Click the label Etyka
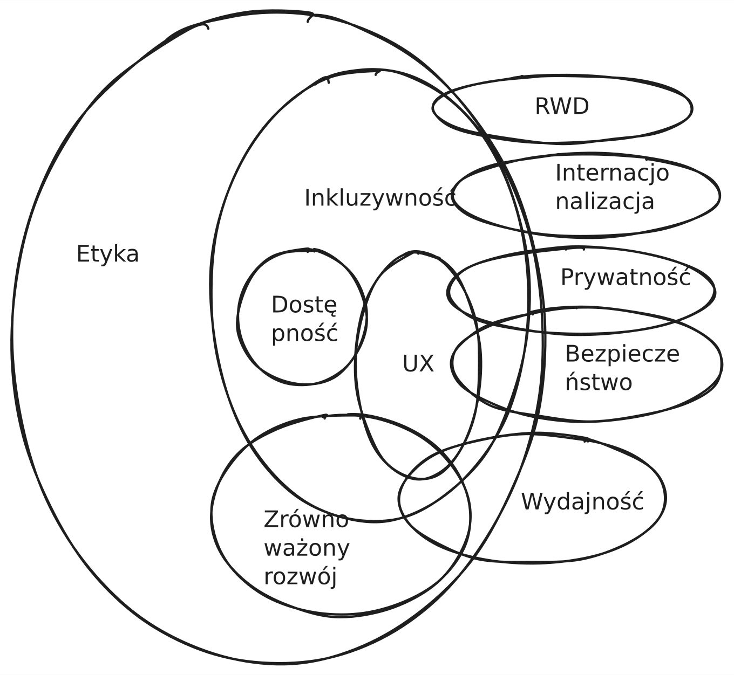(107, 254)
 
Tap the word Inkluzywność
(380, 198)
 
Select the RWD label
(561, 106)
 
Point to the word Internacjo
(612, 173)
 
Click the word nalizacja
(604, 202)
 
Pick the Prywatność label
(625, 277)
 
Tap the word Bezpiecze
(622, 354)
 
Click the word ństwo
(598, 382)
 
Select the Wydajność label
(582, 501)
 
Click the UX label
(418, 364)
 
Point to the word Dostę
(304, 306)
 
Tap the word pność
(304, 333)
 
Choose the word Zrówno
(306, 520)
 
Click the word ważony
(307, 548)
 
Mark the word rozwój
(300, 576)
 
